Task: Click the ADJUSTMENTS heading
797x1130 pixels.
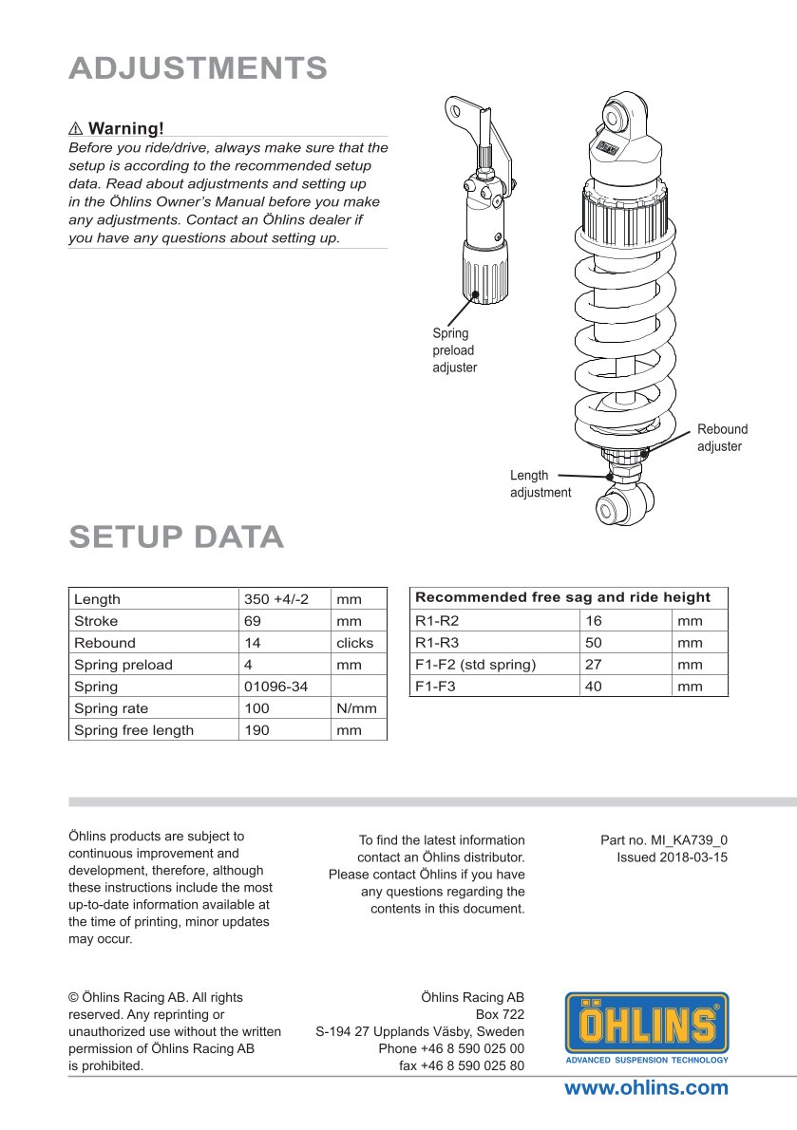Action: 198,68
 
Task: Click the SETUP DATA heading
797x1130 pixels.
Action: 176,537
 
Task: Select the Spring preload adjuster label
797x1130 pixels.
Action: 454,350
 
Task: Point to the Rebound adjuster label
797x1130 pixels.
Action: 722,438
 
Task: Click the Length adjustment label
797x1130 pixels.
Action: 540,483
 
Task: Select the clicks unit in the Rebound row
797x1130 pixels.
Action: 355,643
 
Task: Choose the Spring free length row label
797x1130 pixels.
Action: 133,730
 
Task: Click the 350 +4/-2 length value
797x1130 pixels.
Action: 276,599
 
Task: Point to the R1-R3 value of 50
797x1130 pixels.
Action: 594,643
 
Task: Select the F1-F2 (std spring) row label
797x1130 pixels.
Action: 475,665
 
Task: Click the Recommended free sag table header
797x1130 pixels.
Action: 562,597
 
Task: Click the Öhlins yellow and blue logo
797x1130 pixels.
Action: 647,1027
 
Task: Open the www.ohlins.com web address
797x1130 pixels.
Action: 646,1088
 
